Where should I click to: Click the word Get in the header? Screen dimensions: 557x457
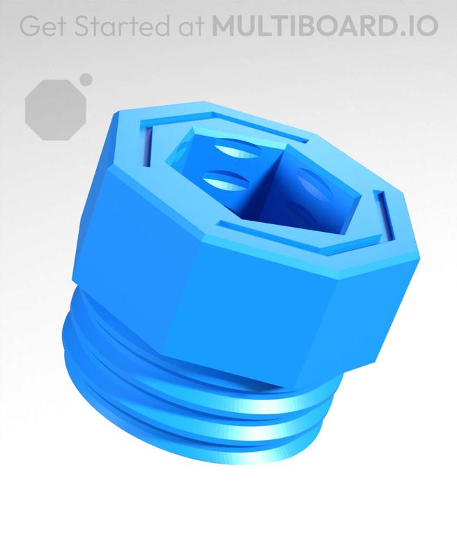(x=45, y=26)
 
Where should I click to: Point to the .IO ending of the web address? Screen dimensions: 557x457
(x=419, y=26)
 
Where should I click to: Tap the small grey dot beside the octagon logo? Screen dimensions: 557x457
(x=86, y=79)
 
